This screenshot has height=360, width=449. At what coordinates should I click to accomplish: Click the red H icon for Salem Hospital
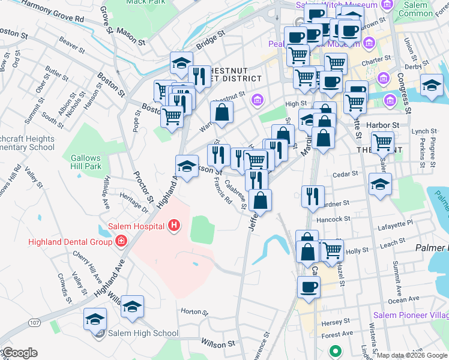174,226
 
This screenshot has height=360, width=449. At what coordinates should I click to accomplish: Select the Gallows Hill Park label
86,162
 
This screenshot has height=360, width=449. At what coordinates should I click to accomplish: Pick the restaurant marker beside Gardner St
313,196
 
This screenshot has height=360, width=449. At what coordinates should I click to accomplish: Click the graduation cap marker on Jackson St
187,165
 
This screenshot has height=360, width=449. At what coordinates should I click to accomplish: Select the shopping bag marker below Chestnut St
221,112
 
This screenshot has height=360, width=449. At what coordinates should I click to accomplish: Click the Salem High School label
143,334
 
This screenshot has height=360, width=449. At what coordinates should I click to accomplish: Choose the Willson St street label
217,344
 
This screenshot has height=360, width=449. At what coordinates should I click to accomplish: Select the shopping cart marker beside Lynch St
383,142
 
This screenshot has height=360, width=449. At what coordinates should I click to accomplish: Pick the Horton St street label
193,313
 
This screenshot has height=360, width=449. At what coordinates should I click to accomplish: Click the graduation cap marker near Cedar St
381,184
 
